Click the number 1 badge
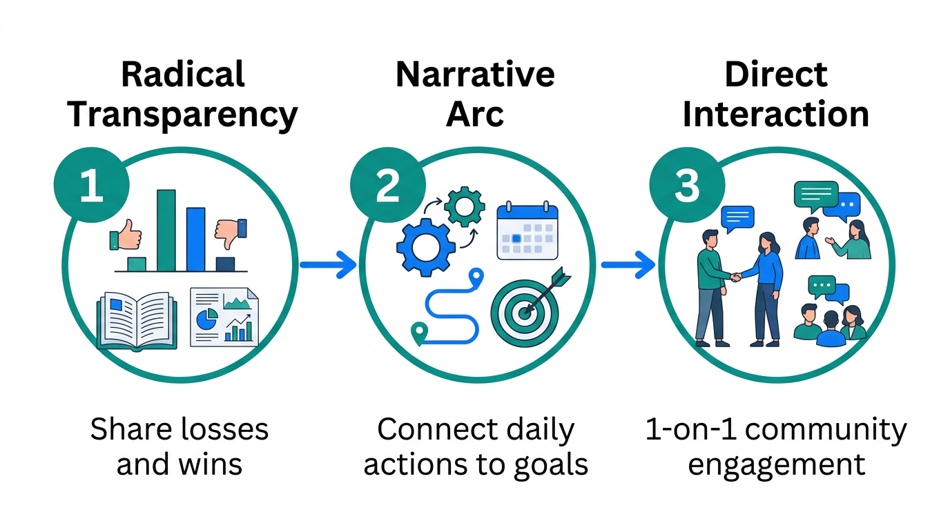[90, 187]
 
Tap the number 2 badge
[387, 187]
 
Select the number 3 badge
[686, 187]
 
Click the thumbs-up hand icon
[126, 236]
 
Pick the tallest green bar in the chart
[166, 230]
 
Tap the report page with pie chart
[224, 317]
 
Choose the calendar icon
[527, 230]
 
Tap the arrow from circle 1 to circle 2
[328, 265]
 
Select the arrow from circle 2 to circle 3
[627, 265]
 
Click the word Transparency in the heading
[182, 115]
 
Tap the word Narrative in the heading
[475, 74]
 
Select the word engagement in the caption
[776, 464]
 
